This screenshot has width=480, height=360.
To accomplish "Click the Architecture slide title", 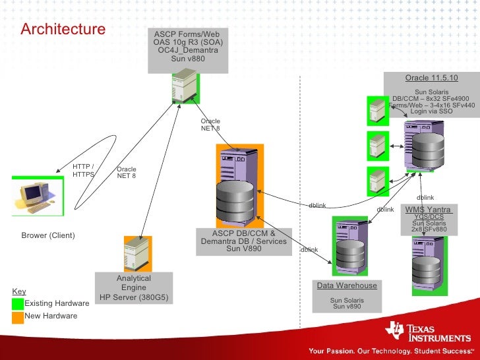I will [63, 30].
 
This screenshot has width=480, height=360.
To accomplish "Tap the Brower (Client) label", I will [48, 235].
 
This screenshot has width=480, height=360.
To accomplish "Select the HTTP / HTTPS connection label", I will [84, 171].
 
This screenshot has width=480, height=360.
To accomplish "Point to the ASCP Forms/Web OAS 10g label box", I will [188, 46].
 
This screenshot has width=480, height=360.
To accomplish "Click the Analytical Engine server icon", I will [136, 255].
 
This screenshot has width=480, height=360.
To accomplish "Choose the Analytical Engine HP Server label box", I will [134, 288].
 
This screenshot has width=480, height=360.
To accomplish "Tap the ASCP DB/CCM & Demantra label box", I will [244, 241].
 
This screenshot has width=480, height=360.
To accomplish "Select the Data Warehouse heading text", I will [347, 285].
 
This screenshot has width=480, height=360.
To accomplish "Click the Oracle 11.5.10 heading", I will [431, 78].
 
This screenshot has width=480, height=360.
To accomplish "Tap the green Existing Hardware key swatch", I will [18, 303].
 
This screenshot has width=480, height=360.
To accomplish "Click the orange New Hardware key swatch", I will [18, 316].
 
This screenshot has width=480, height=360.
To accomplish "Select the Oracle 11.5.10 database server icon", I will [425, 146].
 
